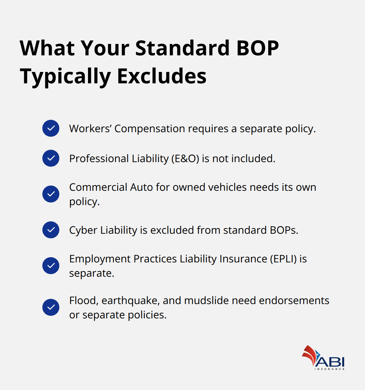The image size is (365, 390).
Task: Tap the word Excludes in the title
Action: click(162, 76)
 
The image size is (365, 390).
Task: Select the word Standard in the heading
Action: click(182, 48)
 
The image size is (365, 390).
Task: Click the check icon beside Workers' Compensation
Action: click(51, 128)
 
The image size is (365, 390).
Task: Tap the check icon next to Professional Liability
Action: click(51, 158)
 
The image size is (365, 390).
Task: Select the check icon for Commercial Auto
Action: click(51, 194)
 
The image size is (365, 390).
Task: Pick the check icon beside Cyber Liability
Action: click(51, 230)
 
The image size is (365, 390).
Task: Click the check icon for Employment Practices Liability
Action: click(51, 266)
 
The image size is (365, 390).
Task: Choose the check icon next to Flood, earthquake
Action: click(51, 307)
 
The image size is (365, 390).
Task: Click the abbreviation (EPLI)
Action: click(283, 259)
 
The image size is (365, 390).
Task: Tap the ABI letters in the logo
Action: click(330, 361)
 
